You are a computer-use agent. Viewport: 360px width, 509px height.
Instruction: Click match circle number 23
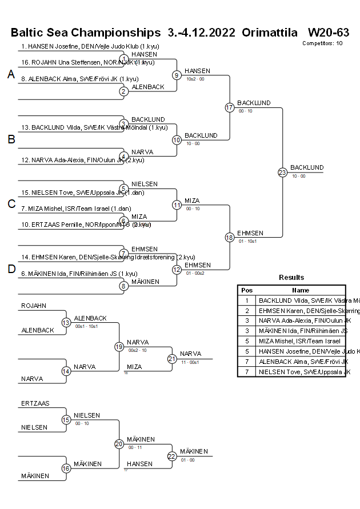coord(282,172)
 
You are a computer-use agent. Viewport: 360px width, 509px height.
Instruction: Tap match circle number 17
coord(230,107)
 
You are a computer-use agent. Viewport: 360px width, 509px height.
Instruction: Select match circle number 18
coord(230,237)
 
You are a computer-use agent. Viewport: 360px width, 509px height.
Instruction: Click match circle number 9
coord(177,75)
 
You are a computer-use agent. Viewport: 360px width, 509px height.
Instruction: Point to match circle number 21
coord(172,359)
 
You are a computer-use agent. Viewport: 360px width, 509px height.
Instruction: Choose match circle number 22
coord(172,456)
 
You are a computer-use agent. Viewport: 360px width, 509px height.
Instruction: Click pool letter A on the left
coord(11,75)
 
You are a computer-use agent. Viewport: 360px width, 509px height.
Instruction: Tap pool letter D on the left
coord(11,269)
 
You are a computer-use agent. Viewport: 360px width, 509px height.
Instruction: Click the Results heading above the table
coord(291,278)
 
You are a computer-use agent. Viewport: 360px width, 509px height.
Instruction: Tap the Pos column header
coord(247,290)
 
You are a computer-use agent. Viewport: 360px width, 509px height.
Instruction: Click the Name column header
coord(301,290)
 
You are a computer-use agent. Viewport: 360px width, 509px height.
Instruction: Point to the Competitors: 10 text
coord(322,43)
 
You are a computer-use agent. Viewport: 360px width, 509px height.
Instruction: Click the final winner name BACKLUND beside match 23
coord(307,167)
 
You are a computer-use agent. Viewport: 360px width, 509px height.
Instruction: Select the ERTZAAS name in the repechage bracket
coord(35,403)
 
